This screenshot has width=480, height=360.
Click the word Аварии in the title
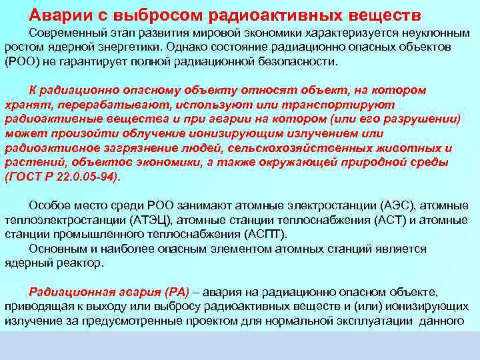coord(58,14)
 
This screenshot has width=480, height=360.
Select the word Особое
coord(47,205)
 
